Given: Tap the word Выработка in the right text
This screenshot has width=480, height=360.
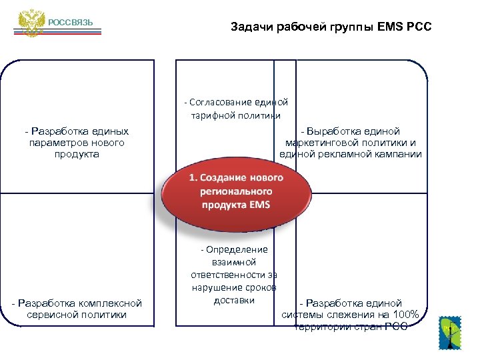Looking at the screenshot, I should (333, 131).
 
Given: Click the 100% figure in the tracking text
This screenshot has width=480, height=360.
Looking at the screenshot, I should (405, 315).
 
